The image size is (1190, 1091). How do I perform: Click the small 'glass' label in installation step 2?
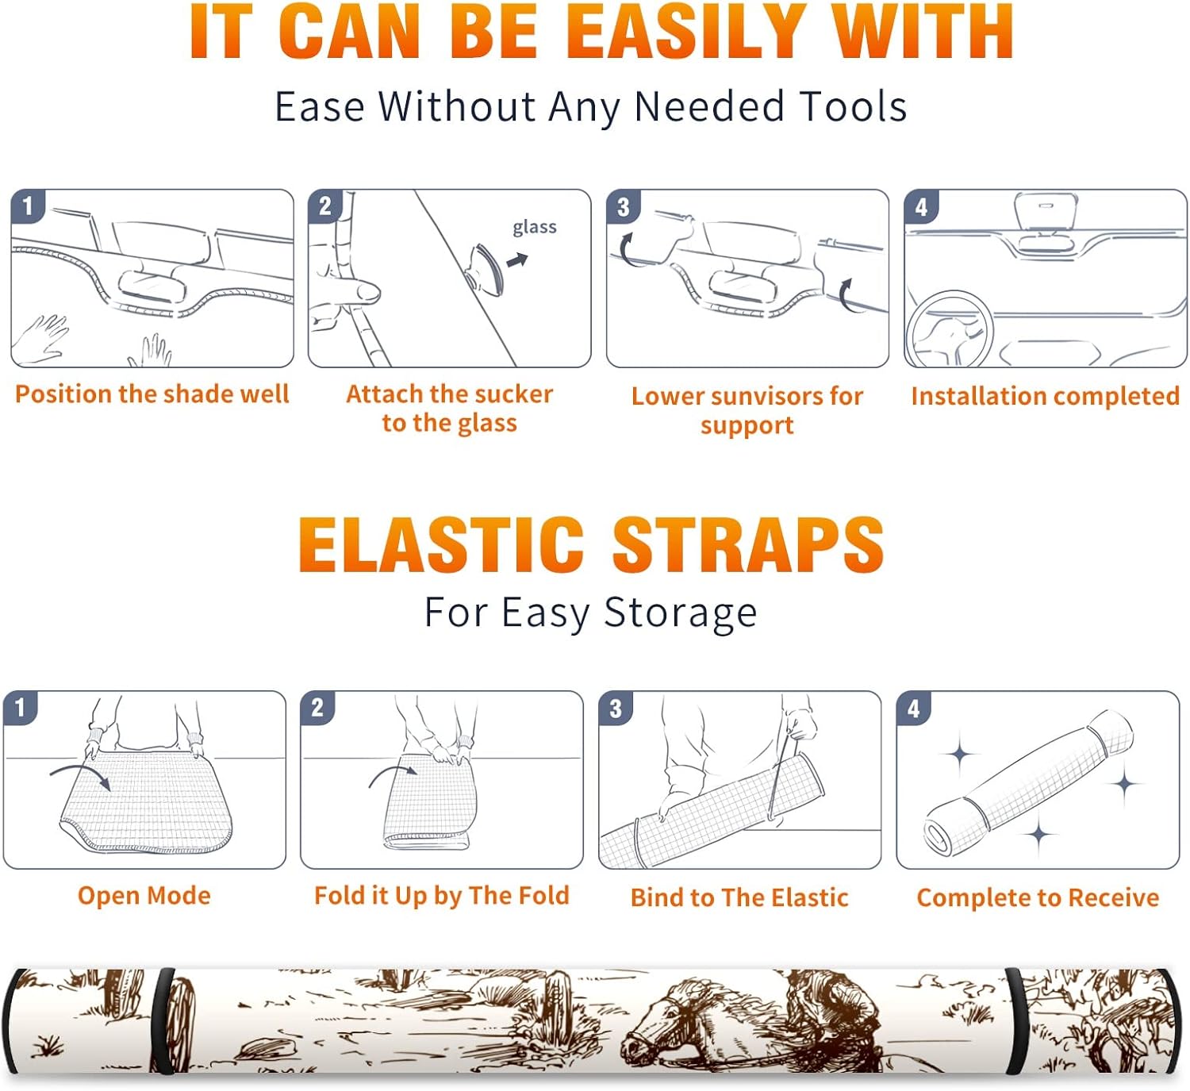(535, 228)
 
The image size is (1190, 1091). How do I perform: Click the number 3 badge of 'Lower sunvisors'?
(623, 207)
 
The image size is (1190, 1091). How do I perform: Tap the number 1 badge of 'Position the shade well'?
(28, 206)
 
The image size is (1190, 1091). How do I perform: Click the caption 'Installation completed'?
(1046, 396)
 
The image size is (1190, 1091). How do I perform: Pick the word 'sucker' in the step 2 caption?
(516, 394)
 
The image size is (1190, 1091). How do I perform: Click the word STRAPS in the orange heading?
(747, 544)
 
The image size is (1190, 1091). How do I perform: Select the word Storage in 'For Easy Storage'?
(680, 613)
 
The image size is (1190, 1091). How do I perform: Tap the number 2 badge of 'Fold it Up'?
(317, 708)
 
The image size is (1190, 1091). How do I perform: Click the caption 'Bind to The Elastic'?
(739, 897)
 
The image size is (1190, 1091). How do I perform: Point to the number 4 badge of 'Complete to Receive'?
(914, 708)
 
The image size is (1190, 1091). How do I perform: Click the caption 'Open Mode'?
(144, 896)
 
